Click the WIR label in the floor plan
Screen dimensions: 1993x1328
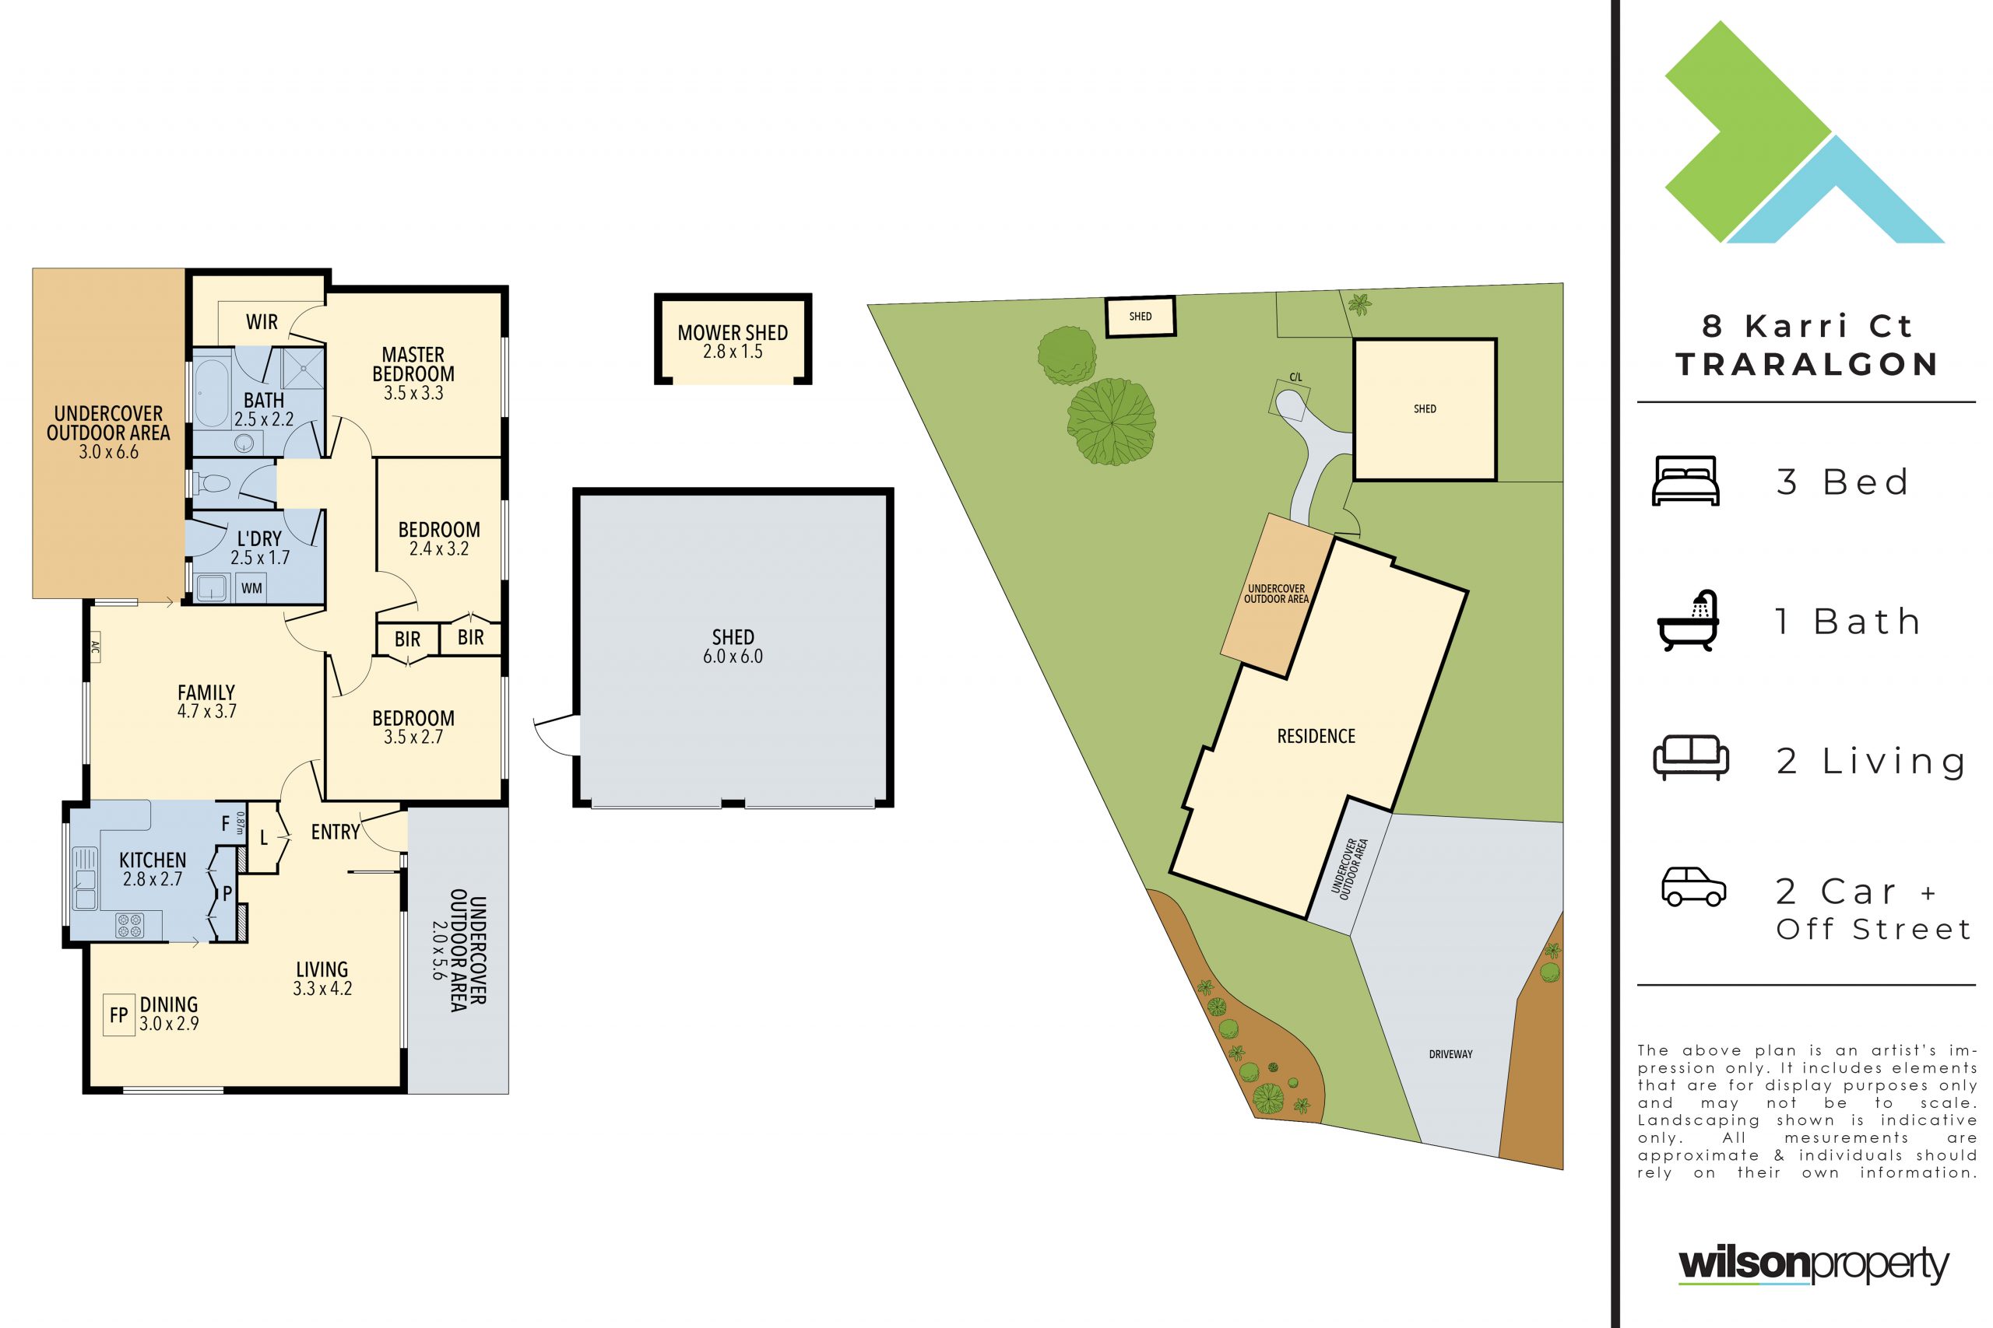point(262,322)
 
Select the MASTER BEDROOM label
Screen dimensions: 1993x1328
point(413,364)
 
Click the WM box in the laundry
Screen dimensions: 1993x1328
point(251,588)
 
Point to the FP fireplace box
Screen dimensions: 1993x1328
point(118,1014)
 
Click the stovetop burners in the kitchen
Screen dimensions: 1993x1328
point(128,925)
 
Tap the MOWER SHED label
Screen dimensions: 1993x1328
point(733,333)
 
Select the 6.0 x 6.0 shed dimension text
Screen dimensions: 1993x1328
point(733,657)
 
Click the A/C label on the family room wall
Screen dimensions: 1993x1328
point(94,650)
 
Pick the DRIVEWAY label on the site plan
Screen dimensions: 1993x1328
point(1450,1054)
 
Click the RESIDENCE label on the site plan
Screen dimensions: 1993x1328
point(1316,736)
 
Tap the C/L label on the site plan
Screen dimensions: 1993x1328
point(1295,377)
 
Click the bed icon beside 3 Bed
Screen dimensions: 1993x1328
point(1685,481)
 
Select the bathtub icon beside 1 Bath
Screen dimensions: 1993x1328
point(1688,621)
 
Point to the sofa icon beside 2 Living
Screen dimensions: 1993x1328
point(1690,757)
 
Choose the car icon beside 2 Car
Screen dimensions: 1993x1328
point(1694,887)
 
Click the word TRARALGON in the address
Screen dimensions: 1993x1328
point(1808,365)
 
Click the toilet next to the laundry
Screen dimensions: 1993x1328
point(212,484)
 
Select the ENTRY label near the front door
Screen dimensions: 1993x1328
point(336,832)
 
